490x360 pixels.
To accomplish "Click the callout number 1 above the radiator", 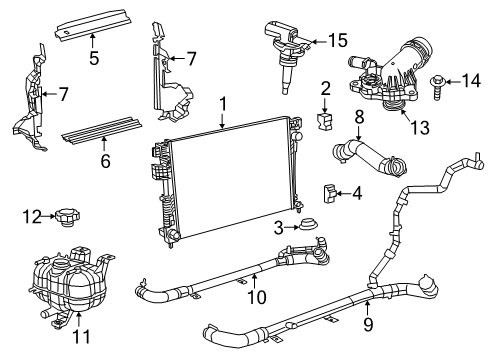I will click(224, 103).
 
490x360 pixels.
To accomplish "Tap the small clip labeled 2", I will click(323, 122).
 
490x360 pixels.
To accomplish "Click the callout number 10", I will click(257, 296).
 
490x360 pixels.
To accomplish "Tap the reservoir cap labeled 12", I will click(70, 217).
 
